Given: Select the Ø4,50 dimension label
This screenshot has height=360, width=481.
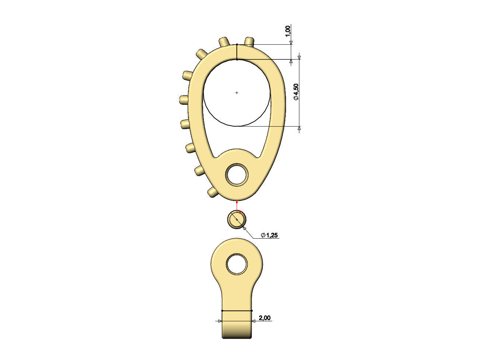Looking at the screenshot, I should click(x=296, y=92).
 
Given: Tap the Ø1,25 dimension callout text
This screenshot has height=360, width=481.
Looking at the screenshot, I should click(x=269, y=235).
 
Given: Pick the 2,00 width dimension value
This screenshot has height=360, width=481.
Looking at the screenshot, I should click(x=264, y=318).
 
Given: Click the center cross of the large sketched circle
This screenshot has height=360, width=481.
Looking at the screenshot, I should click(x=237, y=93).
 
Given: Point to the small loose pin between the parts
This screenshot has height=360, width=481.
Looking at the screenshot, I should click(x=237, y=220).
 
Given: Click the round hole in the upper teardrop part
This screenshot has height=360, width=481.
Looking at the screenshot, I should click(x=237, y=175).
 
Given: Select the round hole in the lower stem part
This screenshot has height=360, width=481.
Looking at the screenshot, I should click(x=237, y=264).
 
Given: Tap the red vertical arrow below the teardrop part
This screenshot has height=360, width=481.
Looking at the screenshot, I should click(x=237, y=205).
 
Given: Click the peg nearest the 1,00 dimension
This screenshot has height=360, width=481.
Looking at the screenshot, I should click(x=250, y=41).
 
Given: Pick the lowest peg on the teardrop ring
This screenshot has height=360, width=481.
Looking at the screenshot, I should click(x=212, y=192).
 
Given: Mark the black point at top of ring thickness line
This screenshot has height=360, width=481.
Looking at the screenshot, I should click(x=237, y=44).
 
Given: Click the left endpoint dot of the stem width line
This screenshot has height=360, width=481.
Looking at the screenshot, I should click(x=222, y=311).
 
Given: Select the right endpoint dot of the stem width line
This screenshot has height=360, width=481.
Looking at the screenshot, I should click(x=252, y=311).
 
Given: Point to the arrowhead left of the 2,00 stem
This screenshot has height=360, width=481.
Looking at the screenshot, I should click(x=220, y=321).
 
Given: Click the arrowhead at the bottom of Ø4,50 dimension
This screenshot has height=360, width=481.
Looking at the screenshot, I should click(x=299, y=128).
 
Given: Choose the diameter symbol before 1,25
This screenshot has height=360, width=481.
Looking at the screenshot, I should click(x=263, y=235).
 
